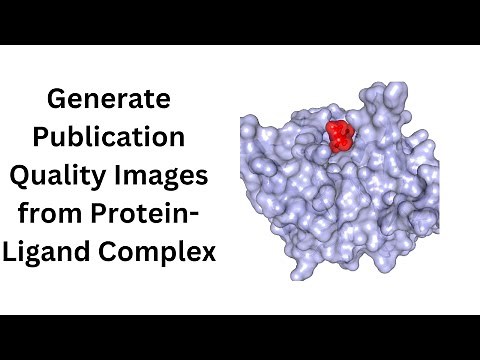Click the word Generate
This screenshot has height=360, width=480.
pos(110,100)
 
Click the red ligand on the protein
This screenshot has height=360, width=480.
pos(342,135)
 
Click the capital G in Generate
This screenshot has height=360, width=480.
pos(58,100)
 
